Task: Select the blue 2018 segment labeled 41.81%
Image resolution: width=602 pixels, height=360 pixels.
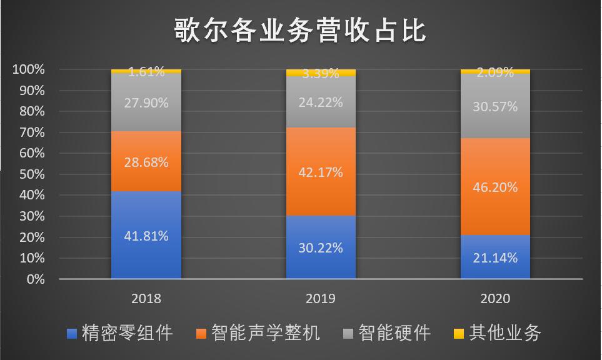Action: (x=146, y=235)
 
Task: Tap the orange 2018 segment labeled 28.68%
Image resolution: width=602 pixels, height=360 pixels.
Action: (x=146, y=161)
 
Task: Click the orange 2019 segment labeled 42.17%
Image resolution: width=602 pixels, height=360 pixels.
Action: (x=321, y=172)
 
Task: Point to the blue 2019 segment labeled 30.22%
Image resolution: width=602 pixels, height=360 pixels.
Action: (x=321, y=247)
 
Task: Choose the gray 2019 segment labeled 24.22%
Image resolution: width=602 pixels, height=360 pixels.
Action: (x=321, y=102)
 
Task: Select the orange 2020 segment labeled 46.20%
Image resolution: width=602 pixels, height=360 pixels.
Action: (x=495, y=186)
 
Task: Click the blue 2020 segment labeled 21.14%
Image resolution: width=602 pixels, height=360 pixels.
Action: (x=495, y=257)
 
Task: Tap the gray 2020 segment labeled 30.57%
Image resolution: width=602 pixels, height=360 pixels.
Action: (x=495, y=106)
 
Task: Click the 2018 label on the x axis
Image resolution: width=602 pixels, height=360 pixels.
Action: (x=146, y=299)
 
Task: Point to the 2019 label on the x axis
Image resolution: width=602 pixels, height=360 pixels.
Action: (x=321, y=299)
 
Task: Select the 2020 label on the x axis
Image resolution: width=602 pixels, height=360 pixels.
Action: (x=495, y=299)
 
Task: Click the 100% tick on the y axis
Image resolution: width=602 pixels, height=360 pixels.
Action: (x=29, y=69)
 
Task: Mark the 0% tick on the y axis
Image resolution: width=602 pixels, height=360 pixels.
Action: (x=35, y=279)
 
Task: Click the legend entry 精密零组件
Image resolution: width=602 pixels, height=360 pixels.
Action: (x=119, y=332)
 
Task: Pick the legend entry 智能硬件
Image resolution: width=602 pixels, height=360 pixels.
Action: (x=387, y=332)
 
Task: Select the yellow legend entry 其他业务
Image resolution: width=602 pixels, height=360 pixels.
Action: (x=496, y=332)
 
